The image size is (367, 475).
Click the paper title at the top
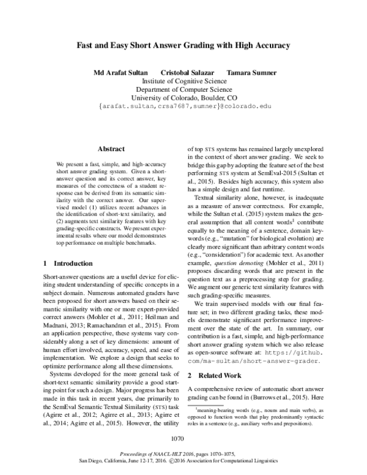point(183,45)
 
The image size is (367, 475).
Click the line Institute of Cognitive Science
point(183,80)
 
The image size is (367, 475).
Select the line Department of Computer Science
point(183,89)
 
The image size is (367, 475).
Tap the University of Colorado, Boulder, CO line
point(183,97)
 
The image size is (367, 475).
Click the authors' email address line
point(183,107)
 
